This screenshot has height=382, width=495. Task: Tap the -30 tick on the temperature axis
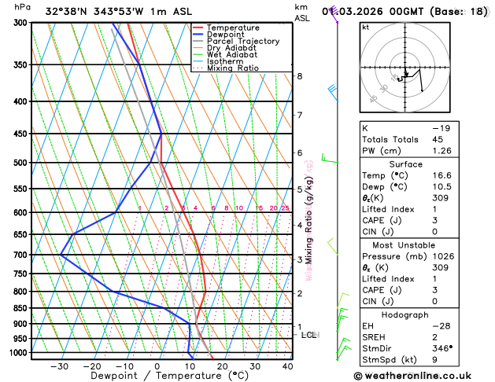click(59, 366)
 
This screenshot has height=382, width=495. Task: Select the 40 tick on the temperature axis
click(288, 366)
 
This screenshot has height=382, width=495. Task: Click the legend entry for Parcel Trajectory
click(243, 41)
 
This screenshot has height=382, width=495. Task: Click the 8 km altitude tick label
click(299, 76)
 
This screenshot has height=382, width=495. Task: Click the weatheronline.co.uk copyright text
click(423, 376)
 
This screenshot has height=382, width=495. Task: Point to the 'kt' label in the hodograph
click(366, 27)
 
